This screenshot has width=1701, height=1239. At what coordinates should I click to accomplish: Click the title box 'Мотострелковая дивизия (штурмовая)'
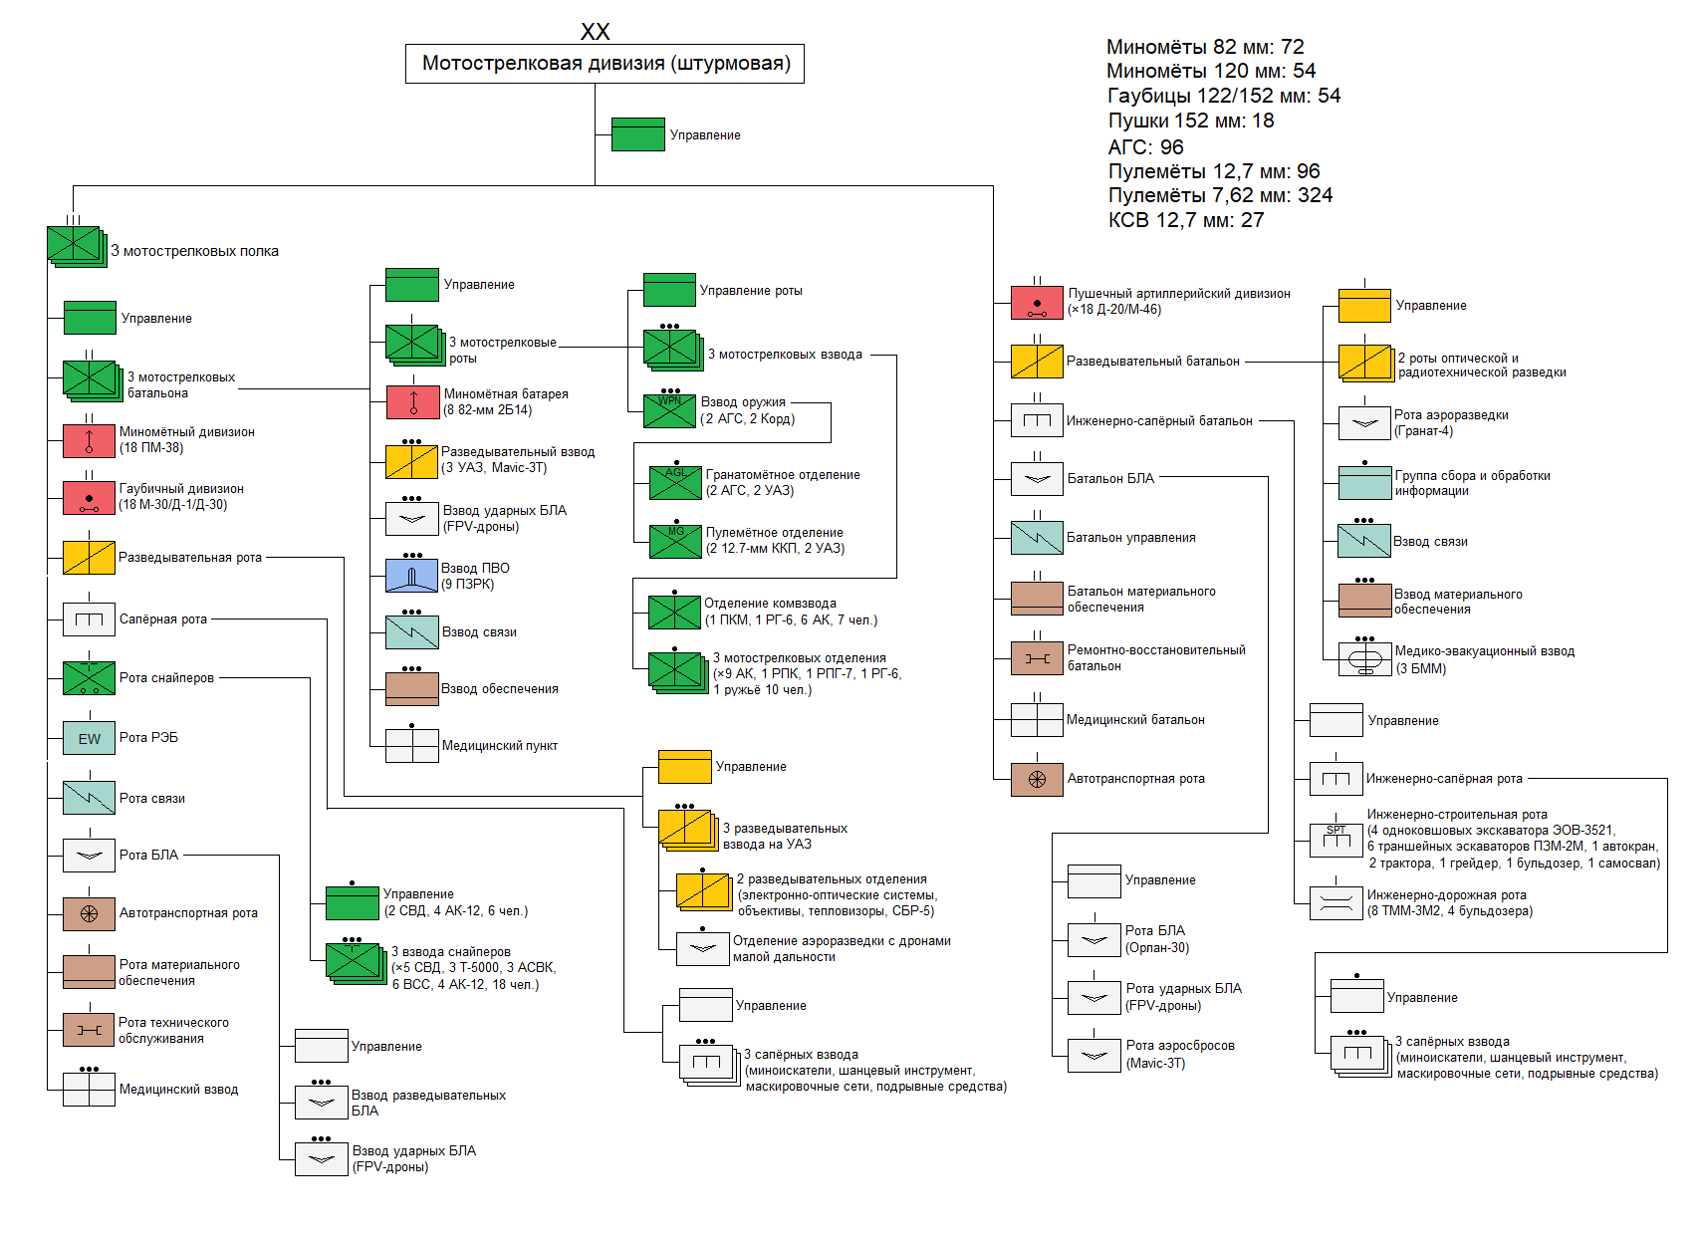[x=605, y=64]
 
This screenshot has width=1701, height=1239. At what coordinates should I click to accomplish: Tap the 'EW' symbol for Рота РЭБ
[x=89, y=739]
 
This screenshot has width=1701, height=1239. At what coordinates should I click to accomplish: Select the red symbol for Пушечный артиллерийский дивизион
[x=1037, y=303]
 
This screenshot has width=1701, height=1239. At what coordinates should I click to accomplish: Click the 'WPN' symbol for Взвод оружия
[x=669, y=410]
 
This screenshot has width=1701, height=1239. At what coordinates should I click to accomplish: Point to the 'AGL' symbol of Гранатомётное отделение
[x=675, y=483]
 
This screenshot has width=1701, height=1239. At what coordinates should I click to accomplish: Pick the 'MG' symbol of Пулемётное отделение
[x=675, y=541]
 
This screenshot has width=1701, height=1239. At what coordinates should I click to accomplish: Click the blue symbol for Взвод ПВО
[x=411, y=576]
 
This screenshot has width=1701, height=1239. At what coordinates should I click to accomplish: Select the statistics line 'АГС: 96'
[x=1145, y=147]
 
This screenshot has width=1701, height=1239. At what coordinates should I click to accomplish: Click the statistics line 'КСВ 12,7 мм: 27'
[x=1185, y=220]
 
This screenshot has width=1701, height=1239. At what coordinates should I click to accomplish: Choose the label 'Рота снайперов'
[x=166, y=678]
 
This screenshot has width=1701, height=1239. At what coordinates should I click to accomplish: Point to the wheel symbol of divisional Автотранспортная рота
[x=1037, y=779]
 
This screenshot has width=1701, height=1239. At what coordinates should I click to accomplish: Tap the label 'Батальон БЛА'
[x=1110, y=479]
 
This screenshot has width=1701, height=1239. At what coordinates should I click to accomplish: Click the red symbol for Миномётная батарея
[x=411, y=402]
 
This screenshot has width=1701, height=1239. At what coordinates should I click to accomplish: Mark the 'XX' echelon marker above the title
[x=595, y=32]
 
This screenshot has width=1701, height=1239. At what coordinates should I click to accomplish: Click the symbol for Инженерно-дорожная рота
[x=1336, y=903]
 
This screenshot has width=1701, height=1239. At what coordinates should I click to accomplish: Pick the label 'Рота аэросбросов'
[x=1180, y=1046]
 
